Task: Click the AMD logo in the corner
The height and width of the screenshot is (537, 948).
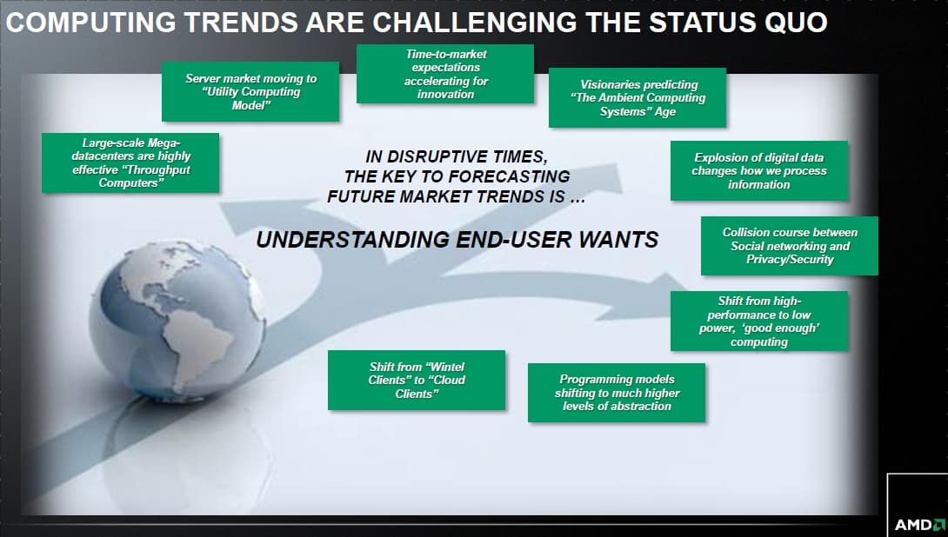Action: [x=919, y=524]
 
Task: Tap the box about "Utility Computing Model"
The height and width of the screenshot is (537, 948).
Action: [x=250, y=91]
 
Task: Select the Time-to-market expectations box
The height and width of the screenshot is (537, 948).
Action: [x=445, y=74]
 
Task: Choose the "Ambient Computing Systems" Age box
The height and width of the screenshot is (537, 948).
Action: [x=638, y=98]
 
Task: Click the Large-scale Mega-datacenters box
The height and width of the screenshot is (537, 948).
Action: [x=130, y=163]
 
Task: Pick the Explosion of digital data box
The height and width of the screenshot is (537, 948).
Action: [x=759, y=171]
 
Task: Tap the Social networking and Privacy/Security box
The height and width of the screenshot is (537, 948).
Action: [x=790, y=246]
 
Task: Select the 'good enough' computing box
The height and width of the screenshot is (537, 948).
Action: [x=759, y=321]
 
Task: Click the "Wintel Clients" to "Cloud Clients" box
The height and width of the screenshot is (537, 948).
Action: [x=417, y=380]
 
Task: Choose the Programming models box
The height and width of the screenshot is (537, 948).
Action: [x=617, y=393]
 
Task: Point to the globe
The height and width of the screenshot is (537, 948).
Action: [x=177, y=319]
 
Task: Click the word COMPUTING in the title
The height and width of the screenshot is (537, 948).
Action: [x=90, y=23]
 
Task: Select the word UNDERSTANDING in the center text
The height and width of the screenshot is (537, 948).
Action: [x=353, y=240]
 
